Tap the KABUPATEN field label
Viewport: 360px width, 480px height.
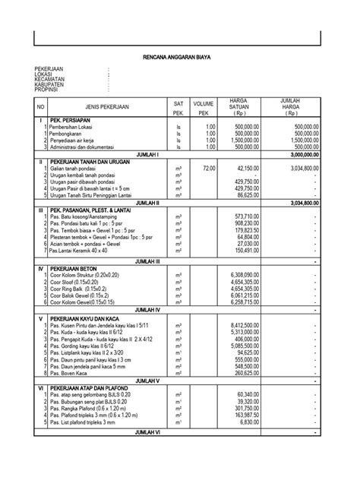49,84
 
